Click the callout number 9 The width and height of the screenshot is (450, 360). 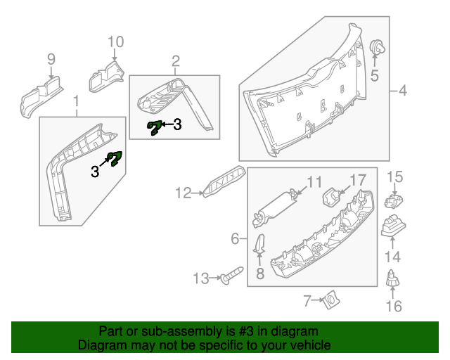(51, 58)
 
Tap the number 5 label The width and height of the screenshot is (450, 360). (375, 75)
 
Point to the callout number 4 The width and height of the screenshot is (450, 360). (402, 90)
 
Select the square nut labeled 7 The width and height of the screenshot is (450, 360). (327, 302)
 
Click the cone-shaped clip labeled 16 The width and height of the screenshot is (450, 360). (393, 278)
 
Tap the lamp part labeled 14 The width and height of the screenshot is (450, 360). (392, 228)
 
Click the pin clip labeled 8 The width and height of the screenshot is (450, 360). (259, 246)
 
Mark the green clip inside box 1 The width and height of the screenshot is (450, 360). (114, 159)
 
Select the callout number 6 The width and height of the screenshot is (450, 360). (235, 240)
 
